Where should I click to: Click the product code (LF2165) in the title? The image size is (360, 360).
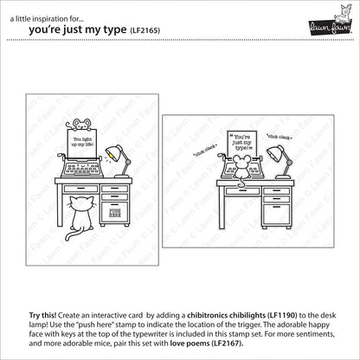pyautogui.click(x=145, y=30)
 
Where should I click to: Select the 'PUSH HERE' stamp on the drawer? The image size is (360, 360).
pyautogui.click(x=115, y=213)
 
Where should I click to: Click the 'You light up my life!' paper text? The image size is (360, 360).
pyautogui.click(x=82, y=142)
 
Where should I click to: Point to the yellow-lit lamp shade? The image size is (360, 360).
pyautogui.click(x=113, y=153)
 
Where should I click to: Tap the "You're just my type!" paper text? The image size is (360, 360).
pyautogui.click(x=241, y=143)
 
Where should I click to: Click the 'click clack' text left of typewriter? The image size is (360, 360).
pyautogui.click(x=205, y=151)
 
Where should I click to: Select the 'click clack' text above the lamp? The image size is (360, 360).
pyautogui.click(x=280, y=138)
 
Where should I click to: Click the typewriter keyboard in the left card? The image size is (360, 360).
pyautogui.click(x=80, y=170)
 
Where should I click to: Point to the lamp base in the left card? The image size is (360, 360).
pyautogui.click(x=122, y=176)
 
